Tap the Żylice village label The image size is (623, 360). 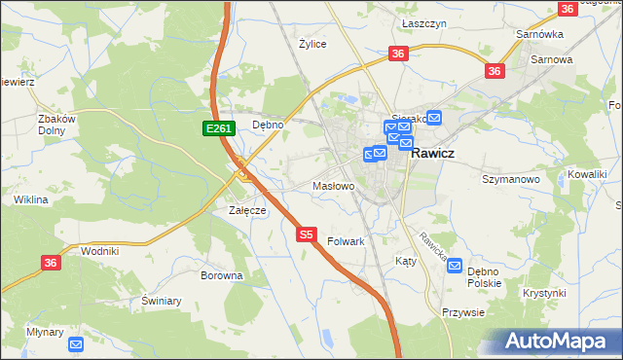pos(312,44)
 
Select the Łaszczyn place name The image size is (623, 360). pos(423,21)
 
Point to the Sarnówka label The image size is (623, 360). pos(540,34)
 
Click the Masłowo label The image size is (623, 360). pos(332,185)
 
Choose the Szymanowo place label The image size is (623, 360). pos(511,179)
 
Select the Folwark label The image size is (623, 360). pos(346,240)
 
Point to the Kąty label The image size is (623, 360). pos(405,261)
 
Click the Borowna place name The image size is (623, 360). pos(221,275)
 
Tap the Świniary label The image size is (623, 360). pos(162,301)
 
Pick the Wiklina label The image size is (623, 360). pos(31,199)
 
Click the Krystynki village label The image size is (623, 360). pos(543,293)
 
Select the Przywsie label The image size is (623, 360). pos(462,312)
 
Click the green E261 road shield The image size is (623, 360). pos(217,128)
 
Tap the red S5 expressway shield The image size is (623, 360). pos(307,234)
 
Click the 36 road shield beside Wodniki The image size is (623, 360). pos(52,262)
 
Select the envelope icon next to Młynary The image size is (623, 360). pos(77,344)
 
